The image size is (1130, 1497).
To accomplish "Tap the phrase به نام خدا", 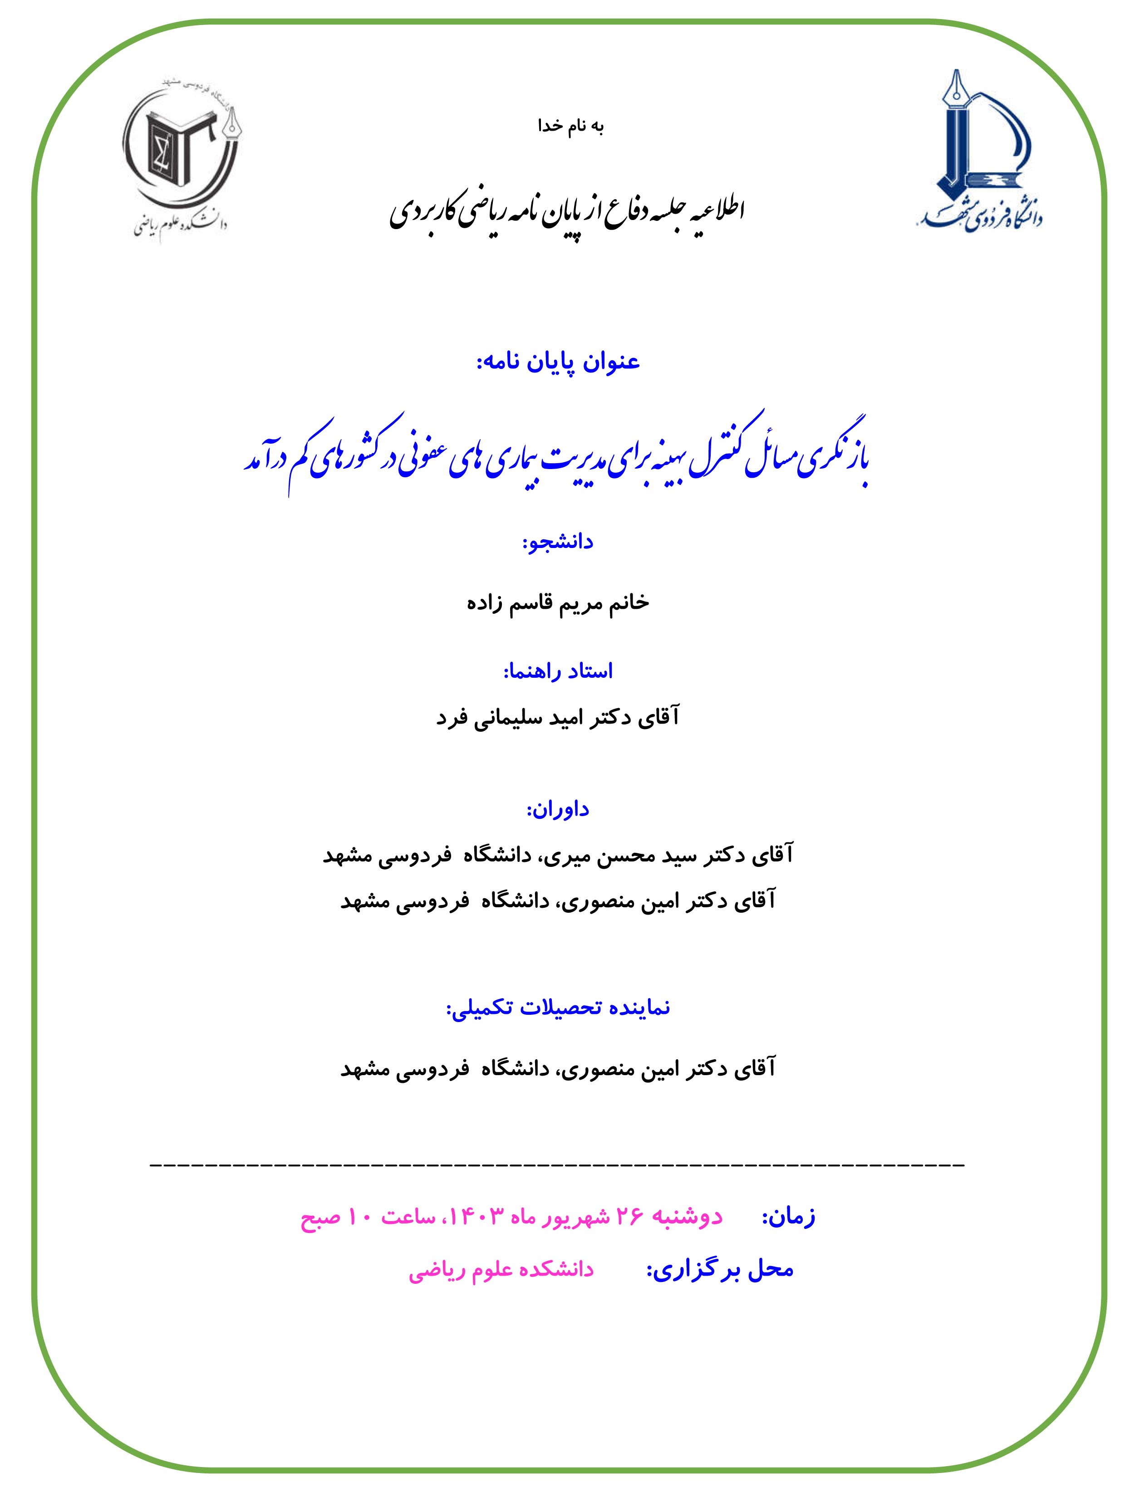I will tap(570, 127).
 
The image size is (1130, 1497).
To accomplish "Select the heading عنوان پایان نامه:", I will tap(559, 362).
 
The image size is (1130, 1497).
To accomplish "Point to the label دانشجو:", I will tap(558, 542).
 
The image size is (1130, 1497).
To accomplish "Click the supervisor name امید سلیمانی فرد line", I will tap(558, 717).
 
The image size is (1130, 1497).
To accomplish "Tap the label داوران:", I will tap(558, 809).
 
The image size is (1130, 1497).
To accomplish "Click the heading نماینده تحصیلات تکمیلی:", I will tap(558, 1008).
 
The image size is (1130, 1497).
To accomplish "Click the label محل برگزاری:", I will tap(720, 1269).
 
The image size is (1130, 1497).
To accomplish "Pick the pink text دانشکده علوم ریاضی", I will tap(501, 1269).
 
